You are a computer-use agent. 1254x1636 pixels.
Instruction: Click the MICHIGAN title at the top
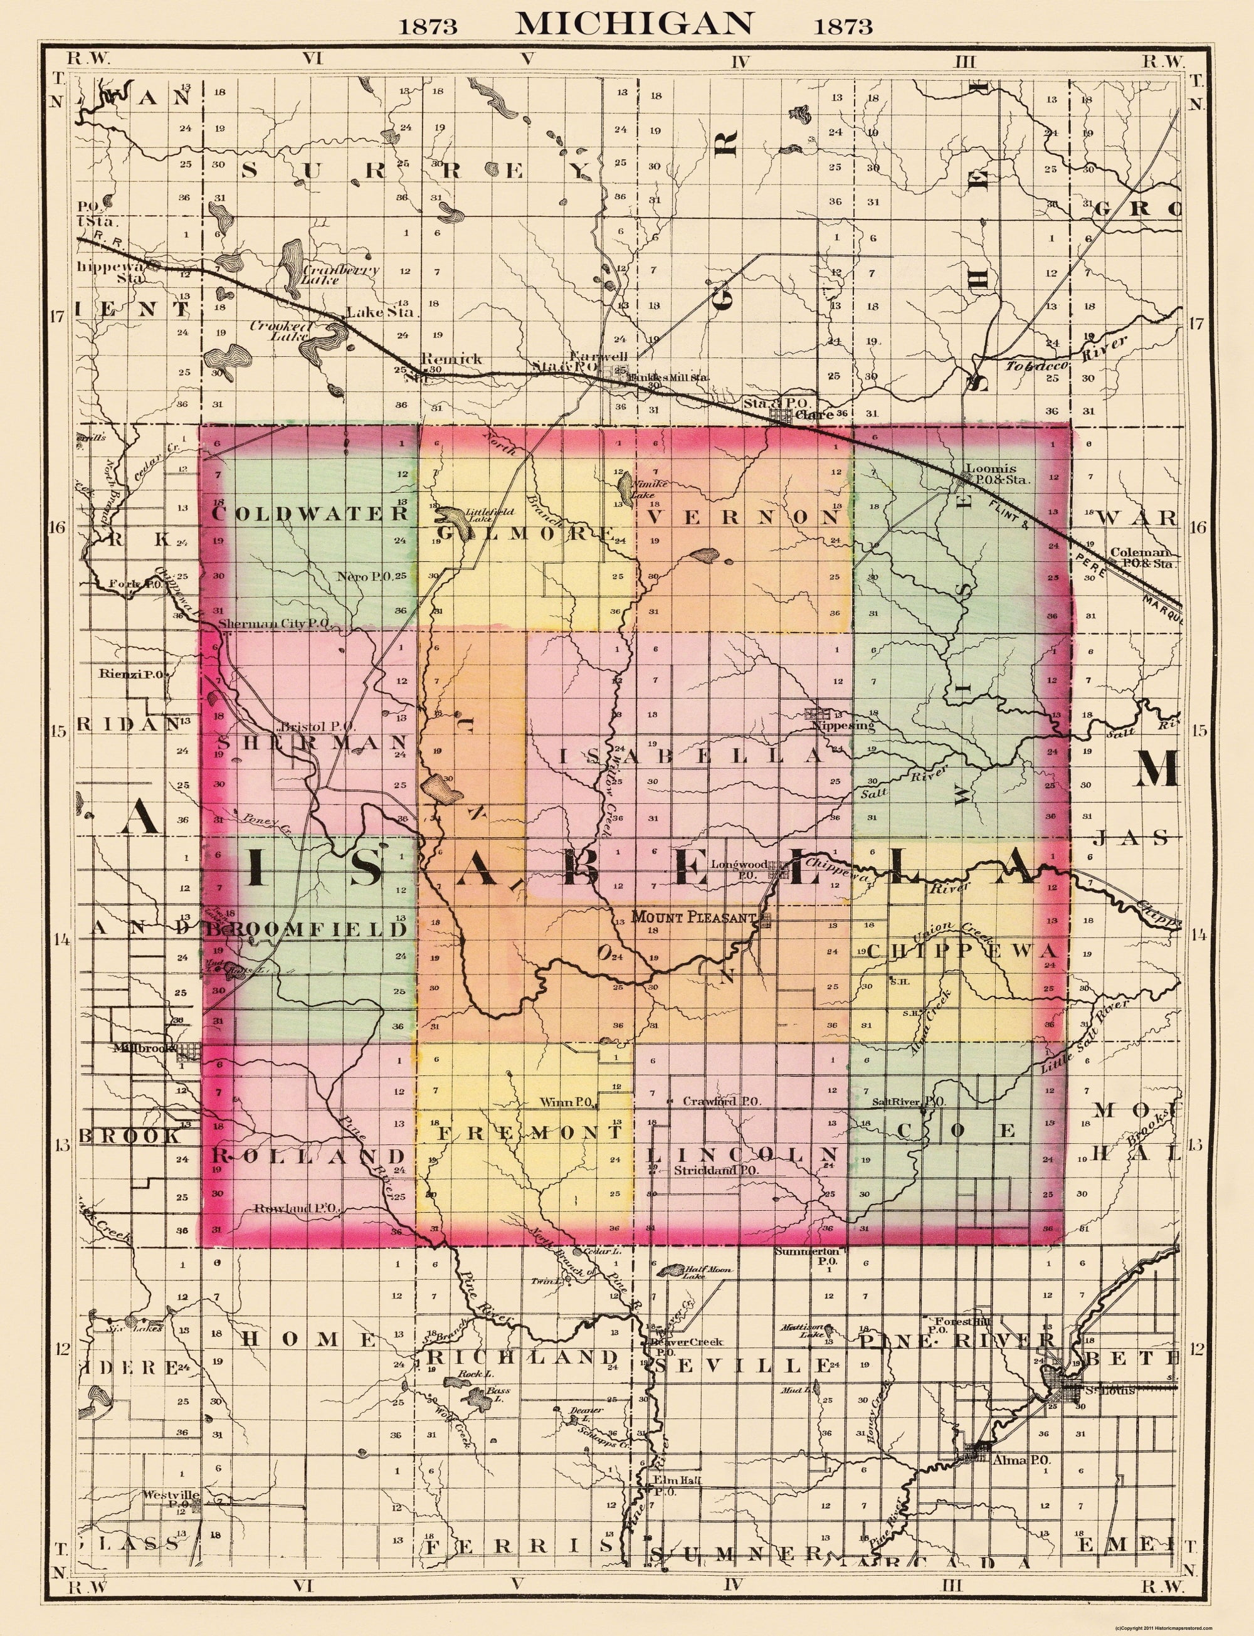634,23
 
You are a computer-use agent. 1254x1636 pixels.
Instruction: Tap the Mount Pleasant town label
694,917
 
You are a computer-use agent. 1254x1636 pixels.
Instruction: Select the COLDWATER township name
310,514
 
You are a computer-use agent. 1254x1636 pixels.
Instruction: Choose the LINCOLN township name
742,1154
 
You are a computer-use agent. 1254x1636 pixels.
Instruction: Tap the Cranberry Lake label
330,274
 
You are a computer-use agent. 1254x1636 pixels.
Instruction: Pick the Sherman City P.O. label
274,623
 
